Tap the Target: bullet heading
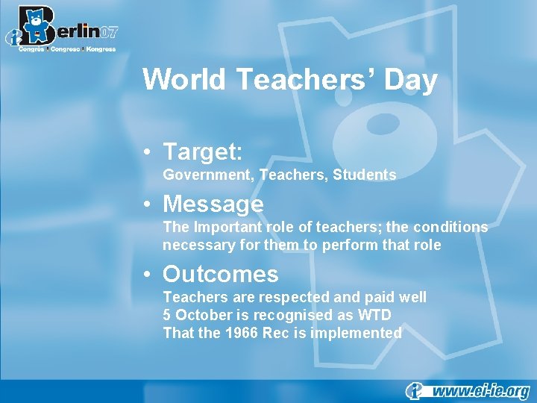tap(203, 151)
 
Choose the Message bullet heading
tap(213, 204)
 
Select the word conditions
tap(449, 227)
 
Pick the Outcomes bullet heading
tap(221, 274)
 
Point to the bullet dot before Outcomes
tap(151, 275)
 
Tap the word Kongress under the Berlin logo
tap(101, 49)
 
